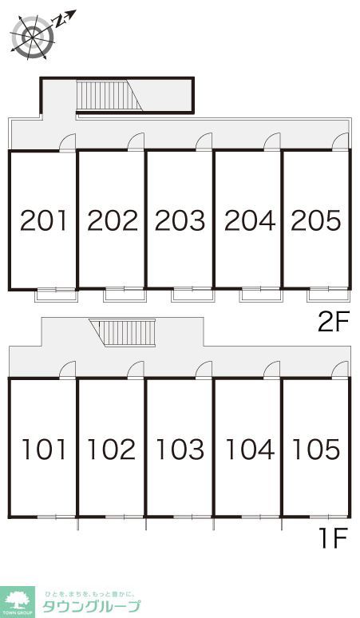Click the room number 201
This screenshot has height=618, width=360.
(x=44, y=220)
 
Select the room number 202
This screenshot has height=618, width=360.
(x=112, y=220)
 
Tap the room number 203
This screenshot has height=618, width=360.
(x=180, y=220)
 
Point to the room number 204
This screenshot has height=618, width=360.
(x=248, y=220)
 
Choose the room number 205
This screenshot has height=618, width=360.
(x=316, y=220)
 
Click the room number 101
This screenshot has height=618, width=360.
(x=44, y=450)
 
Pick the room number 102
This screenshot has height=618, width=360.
(x=112, y=450)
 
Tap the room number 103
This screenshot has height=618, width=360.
(x=180, y=450)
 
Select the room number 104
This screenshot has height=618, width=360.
(x=248, y=450)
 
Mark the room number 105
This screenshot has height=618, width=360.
(x=316, y=450)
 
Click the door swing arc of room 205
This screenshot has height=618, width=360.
(x=342, y=141)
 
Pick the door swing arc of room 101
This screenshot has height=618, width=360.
(x=68, y=369)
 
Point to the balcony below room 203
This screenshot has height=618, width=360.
(x=192, y=294)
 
